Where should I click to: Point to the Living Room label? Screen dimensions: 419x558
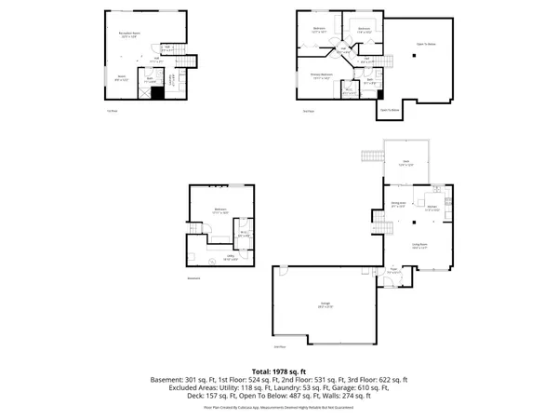tap(419, 247)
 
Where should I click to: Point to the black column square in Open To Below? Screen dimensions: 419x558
tap(412, 57)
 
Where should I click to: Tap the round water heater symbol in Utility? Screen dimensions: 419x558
tap(210, 263)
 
